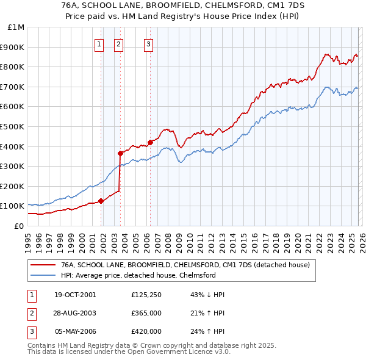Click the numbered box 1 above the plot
tap(99, 43)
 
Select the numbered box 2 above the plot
tap(118, 43)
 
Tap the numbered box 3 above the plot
tap(148, 43)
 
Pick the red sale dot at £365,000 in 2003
tap(121, 153)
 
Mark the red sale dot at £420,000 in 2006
tap(150, 142)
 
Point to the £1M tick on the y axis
tap(16, 27)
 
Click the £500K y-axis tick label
tap(13, 126)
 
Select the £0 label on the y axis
tap(18, 226)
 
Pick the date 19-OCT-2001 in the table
tap(75, 295)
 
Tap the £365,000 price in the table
tap(146, 313)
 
